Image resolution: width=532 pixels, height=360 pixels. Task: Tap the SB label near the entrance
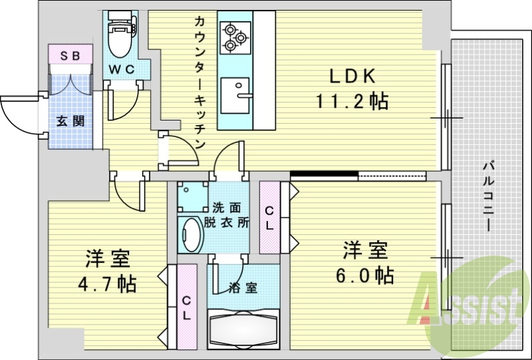[70, 56]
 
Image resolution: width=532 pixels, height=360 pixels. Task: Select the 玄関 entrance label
[70, 121]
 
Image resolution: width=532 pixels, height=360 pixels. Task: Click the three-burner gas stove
[235, 38]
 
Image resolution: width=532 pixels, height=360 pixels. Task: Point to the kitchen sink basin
[235, 96]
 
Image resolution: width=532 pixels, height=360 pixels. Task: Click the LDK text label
[353, 77]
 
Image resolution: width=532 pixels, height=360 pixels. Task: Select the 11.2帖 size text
[352, 101]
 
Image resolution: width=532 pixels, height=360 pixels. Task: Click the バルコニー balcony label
[489, 197]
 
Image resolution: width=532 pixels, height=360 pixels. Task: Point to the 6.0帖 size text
[364, 275]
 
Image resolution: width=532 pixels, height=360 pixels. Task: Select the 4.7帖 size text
[107, 284]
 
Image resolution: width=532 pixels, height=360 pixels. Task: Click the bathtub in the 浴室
[243, 329]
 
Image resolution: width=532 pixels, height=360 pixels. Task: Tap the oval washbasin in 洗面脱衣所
[190, 235]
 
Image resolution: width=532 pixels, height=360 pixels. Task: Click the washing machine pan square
[193, 197]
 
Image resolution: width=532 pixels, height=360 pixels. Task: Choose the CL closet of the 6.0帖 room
[270, 218]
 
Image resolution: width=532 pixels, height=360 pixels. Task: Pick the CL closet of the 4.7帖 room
[187, 307]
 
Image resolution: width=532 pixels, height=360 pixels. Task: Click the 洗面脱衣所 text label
[226, 215]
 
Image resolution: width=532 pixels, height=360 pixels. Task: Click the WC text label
[121, 70]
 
